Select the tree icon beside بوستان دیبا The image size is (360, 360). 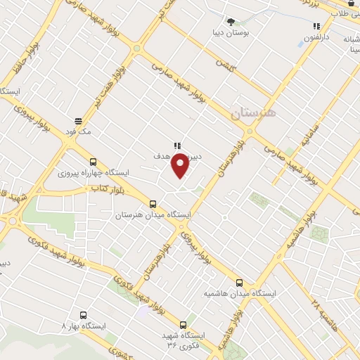point(231,22)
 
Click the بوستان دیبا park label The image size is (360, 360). point(230,32)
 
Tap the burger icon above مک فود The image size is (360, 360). point(77,121)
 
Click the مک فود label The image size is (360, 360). point(77,131)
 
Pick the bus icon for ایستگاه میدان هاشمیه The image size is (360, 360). point(240,283)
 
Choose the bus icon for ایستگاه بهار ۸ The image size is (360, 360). point(84,316)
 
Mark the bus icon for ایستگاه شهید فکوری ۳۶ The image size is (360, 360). point(184,325)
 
